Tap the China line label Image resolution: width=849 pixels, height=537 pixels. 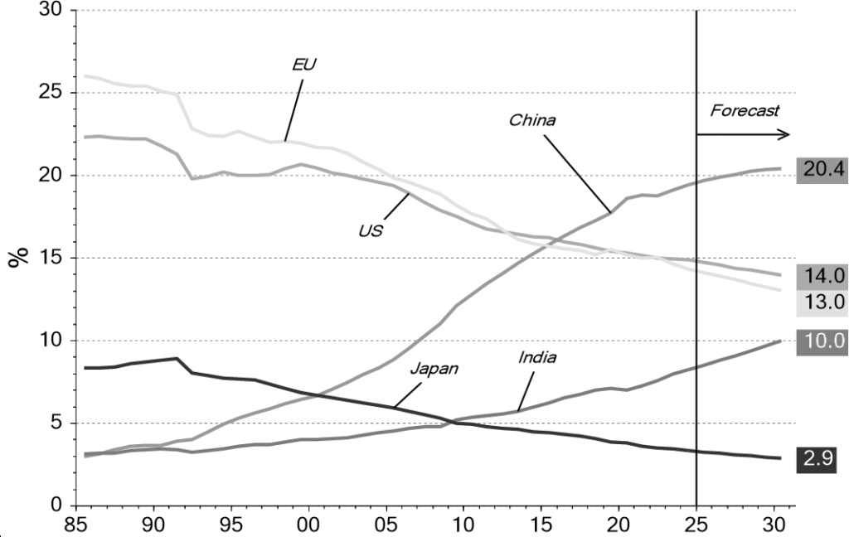pyautogui.click(x=531, y=120)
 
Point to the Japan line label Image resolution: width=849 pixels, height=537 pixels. pyautogui.click(x=434, y=369)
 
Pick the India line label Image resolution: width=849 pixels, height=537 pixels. pyautogui.click(x=537, y=358)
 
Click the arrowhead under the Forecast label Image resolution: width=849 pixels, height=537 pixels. pyautogui.click(x=784, y=134)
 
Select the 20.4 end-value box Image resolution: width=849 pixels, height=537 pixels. pyautogui.click(x=821, y=170)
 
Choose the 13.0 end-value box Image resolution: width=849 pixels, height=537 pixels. pyautogui.click(x=821, y=302)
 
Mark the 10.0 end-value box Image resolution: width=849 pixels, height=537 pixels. pyautogui.click(x=821, y=340)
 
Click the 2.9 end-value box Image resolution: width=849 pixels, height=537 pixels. pyautogui.click(x=821, y=457)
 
